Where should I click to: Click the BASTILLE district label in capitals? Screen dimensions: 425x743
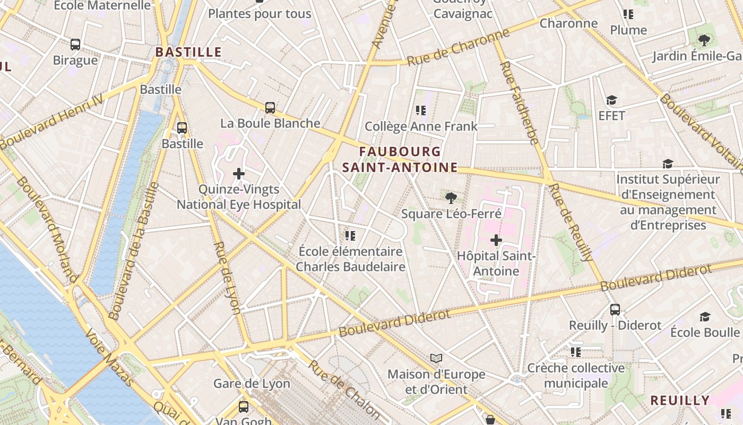coord(188,52)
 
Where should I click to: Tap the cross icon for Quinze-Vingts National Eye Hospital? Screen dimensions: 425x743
coord(239,173)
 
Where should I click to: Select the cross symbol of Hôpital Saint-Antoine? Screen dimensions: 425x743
coord(496,240)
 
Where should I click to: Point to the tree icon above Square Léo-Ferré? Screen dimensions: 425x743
coord(451,198)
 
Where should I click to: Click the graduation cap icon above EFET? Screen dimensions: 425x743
coord(611,100)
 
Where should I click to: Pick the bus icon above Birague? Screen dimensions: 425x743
coord(75,45)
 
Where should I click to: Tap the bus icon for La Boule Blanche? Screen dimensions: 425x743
coord(270,108)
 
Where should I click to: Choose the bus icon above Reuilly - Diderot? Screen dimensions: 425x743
coord(615,309)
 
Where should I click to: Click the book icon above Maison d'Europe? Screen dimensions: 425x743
coord(436,359)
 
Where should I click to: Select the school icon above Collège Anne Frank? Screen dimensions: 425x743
coord(421,110)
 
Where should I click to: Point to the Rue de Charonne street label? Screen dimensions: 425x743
coord(458,48)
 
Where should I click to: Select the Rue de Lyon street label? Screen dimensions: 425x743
coord(229,277)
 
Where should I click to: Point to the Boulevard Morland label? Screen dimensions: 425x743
coord(47,229)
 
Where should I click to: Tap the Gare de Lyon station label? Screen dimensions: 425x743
coord(252,384)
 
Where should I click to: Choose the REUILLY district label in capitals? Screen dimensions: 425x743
coord(680,401)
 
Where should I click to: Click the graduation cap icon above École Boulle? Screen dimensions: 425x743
coord(705,317)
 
